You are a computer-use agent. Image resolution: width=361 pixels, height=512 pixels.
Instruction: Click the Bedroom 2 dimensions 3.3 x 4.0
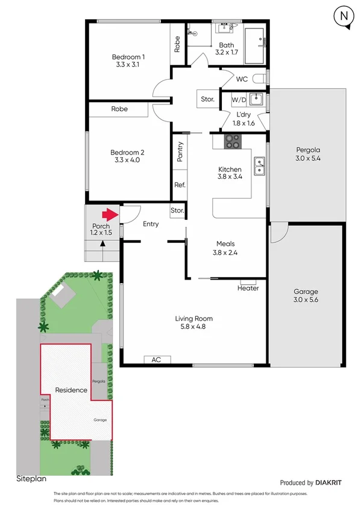tap(127, 161)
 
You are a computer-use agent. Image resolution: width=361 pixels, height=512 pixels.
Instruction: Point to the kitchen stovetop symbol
tap(233, 142)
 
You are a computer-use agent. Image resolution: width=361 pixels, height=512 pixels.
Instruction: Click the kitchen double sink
tap(259, 165)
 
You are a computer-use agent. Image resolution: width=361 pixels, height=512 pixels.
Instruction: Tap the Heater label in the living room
tap(248, 288)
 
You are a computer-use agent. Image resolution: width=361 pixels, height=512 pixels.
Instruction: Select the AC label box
tap(156, 360)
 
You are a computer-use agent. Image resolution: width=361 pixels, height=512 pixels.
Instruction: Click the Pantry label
tap(180, 152)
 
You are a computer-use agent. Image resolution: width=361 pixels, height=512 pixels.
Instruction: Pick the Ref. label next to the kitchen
tap(180, 185)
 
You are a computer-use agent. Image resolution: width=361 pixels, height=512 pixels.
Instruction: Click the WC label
tap(242, 79)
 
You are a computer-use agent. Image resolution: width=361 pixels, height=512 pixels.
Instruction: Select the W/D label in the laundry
tap(239, 99)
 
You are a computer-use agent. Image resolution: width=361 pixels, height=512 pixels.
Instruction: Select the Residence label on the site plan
tap(71, 390)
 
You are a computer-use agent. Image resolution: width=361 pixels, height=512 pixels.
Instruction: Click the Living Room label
tap(193, 319)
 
